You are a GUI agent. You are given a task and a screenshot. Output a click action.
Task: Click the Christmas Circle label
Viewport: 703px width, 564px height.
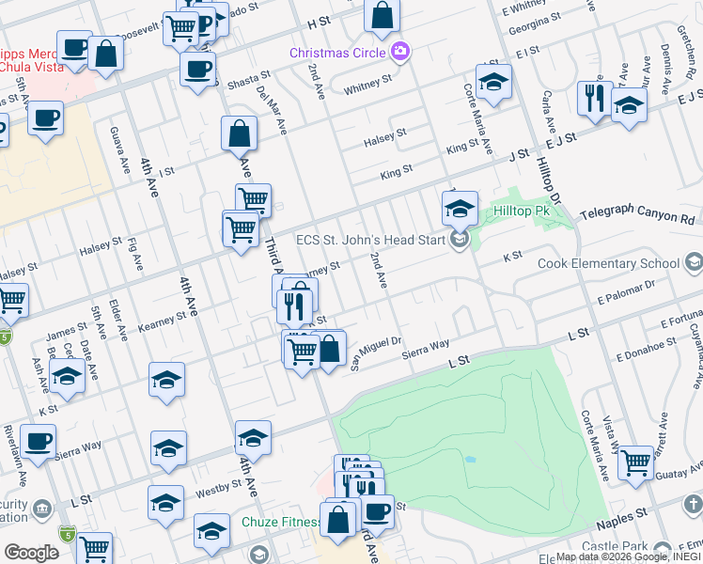(338, 52)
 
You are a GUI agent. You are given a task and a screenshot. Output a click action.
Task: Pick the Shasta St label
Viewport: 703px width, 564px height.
(248, 83)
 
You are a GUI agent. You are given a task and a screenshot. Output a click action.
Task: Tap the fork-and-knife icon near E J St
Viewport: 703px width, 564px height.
(594, 99)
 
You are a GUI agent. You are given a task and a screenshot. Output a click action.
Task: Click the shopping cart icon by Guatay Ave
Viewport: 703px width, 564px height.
(636, 462)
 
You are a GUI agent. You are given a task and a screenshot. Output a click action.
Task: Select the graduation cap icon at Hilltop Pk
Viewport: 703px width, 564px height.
(460, 209)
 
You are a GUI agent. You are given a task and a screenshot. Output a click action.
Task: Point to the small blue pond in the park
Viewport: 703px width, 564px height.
(468, 460)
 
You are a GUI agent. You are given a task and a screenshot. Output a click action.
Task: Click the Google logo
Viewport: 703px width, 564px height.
(31, 553)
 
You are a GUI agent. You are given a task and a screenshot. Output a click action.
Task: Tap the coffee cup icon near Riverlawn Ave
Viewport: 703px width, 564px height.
(39, 441)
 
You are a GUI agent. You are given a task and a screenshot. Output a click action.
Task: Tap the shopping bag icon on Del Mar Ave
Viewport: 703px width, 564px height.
(240, 133)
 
